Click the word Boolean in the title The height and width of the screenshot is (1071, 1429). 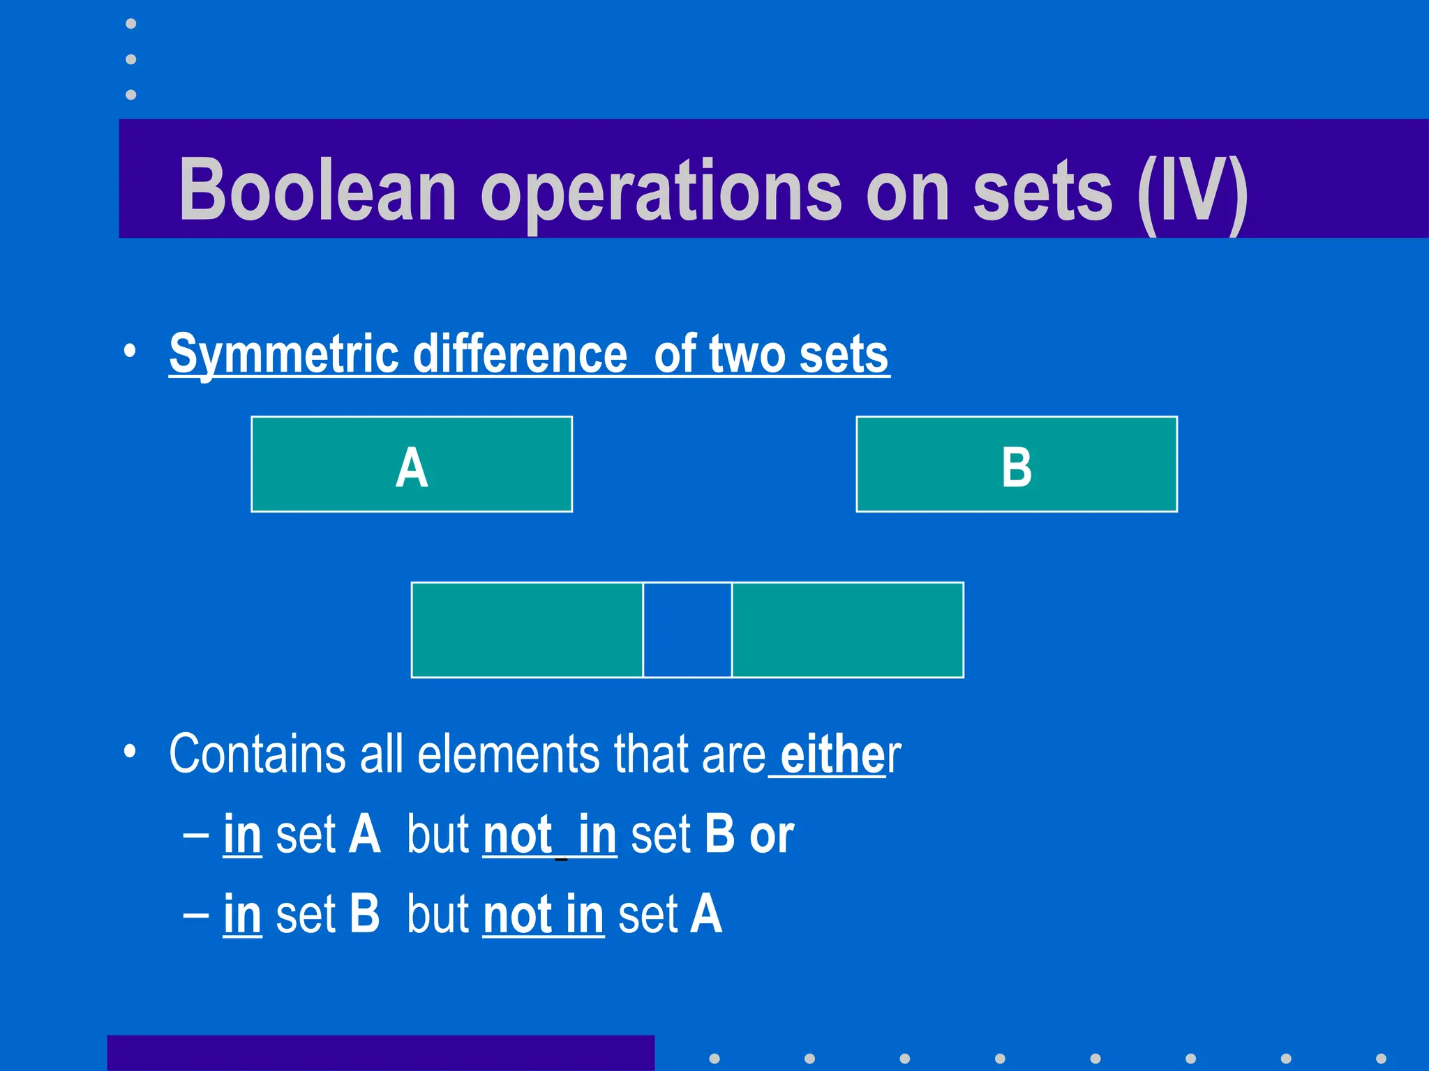click(317, 190)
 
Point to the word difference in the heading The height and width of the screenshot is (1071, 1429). click(520, 354)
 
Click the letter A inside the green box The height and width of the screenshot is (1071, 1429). click(412, 468)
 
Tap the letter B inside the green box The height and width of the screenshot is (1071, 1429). click(1016, 468)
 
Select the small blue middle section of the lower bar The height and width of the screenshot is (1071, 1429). click(687, 630)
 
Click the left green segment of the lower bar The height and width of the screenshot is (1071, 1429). click(527, 630)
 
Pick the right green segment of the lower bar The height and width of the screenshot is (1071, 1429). click(847, 630)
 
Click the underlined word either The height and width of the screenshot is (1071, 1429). click(832, 754)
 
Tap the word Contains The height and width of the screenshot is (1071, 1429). click(257, 754)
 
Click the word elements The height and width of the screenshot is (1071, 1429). click(508, 754)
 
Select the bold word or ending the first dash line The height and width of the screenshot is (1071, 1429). click(772, 835)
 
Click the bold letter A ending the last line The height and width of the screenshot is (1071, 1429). click(705, 914)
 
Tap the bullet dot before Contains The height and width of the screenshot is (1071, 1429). click(130, 752)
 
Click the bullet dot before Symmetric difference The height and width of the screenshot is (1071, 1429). click(130, 351)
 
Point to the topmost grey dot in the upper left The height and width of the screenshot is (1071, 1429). click(130, 24)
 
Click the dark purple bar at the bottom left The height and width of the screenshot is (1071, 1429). click(380, 1053)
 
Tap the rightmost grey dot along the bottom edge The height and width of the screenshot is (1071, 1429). click(1380, 1058)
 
